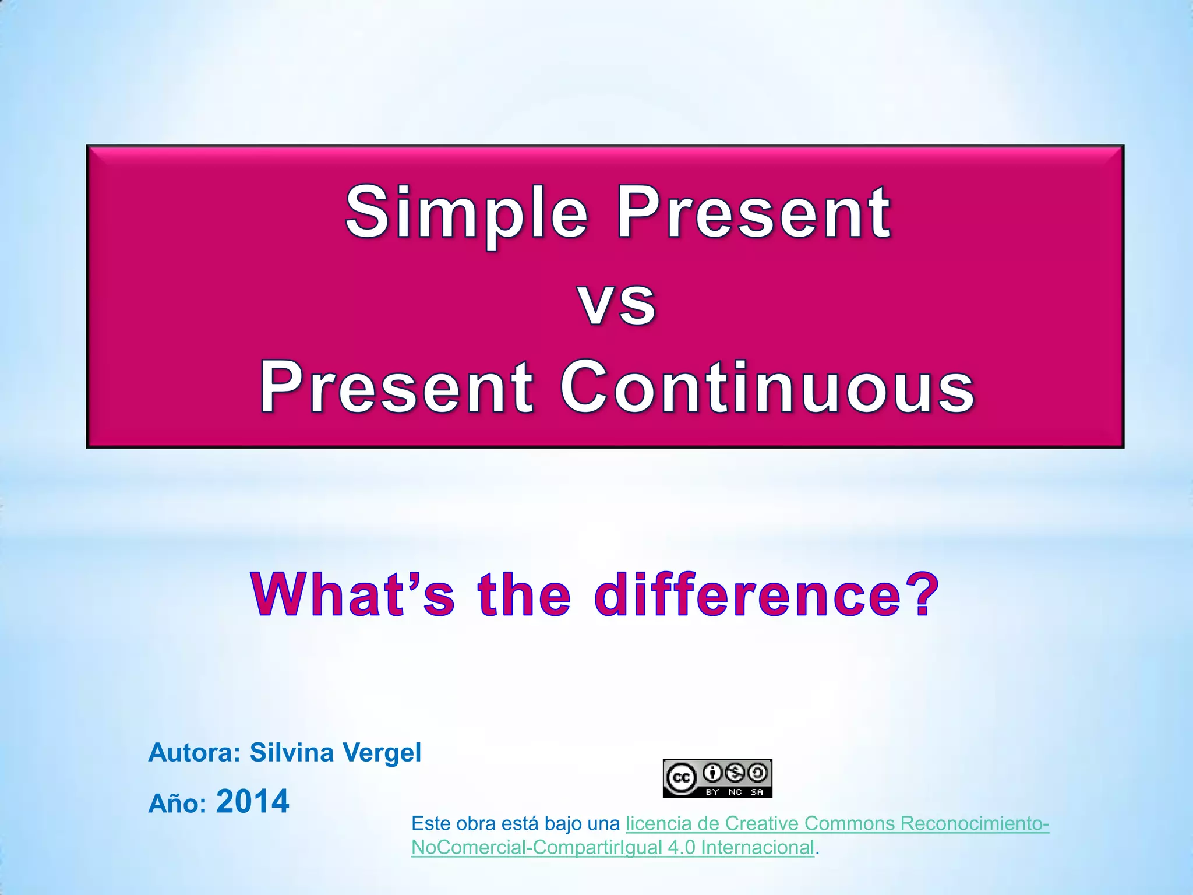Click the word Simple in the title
click(466, 213)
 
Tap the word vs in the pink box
click(617, 303)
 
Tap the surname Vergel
click(382, 753)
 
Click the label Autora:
click(195, 753)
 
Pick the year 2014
click(252, 802)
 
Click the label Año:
click(178, 804)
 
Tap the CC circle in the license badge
click(681, 778)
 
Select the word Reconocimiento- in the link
click(975, 823)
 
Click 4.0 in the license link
click(682, 847)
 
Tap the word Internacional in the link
click(757, 847)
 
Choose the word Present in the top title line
click(753, 213)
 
